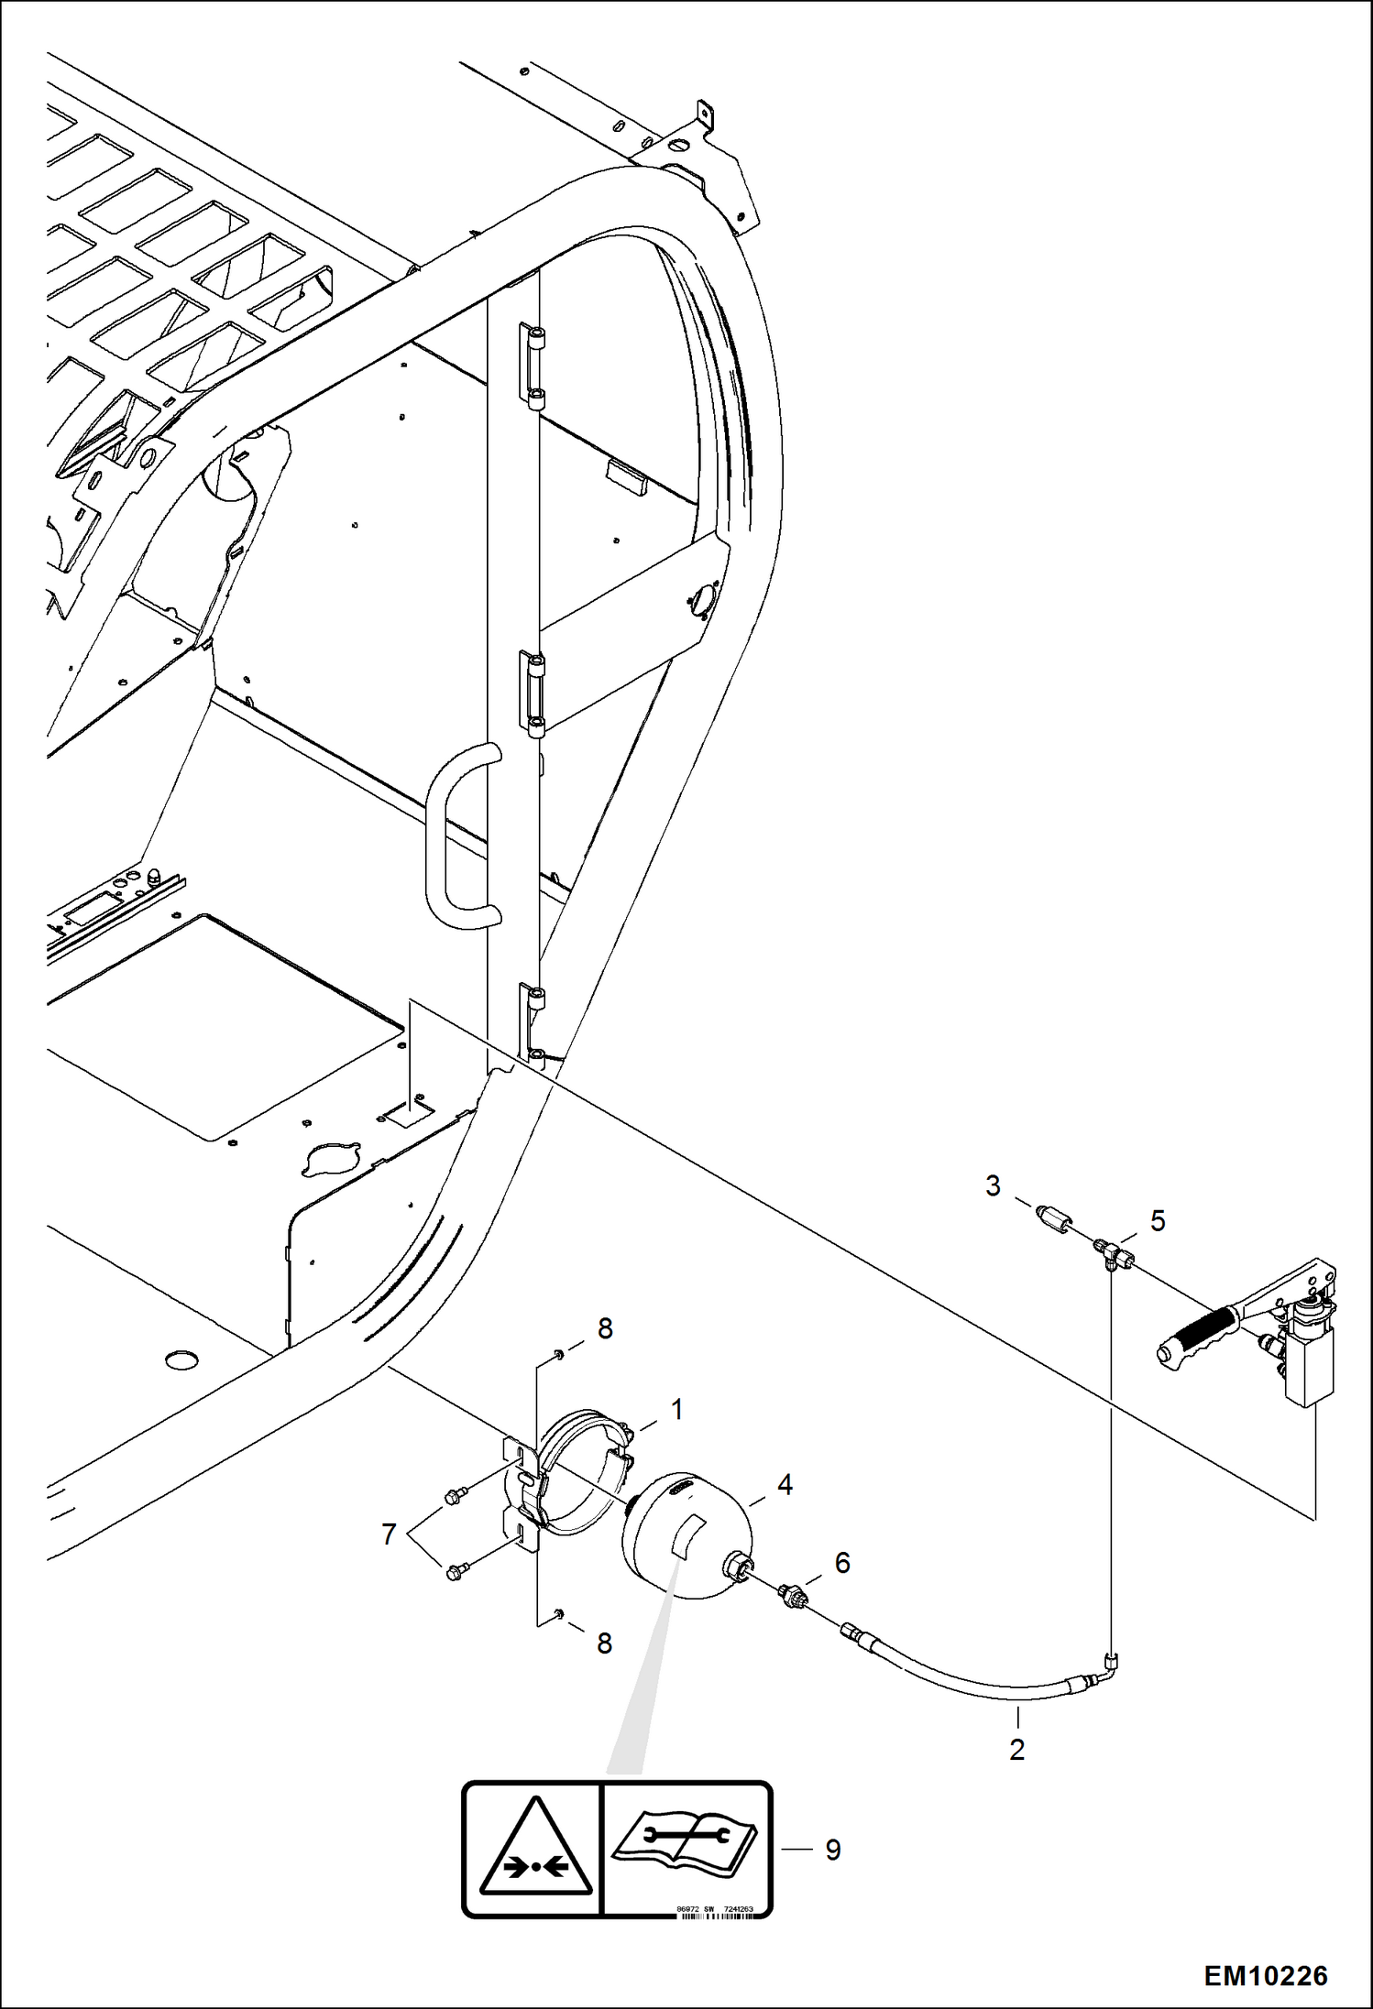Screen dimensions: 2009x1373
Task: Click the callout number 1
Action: point(676,1410)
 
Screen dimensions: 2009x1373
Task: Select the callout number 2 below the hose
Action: point(1016,1750)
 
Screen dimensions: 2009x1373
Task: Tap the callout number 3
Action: point(993,1186)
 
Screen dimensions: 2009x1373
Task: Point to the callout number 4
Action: point(785,1485)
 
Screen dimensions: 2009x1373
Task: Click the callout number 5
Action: point(1157,1221)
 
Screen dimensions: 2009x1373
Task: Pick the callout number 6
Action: point(842,1563)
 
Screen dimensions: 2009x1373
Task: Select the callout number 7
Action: point(389,1534)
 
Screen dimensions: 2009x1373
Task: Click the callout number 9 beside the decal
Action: point(832,1850)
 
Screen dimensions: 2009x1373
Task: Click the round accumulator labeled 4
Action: point(686,1537)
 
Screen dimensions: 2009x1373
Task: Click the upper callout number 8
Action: point(604,1328)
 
